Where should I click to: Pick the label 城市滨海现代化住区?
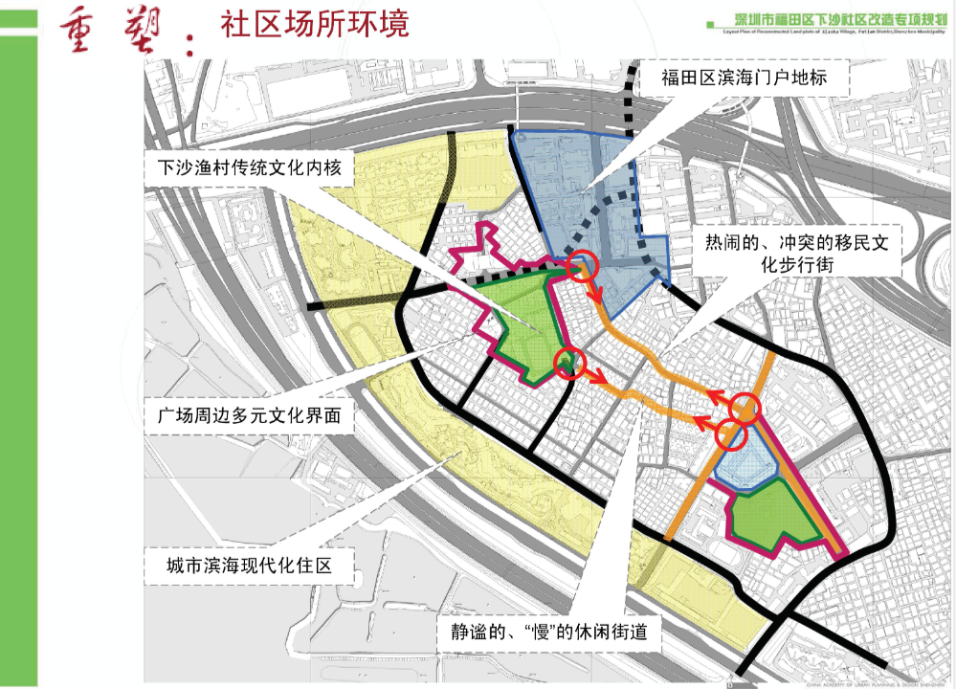tap(247, 565)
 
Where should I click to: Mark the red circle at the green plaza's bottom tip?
tap(568, 364)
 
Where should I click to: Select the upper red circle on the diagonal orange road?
tap(745, 409)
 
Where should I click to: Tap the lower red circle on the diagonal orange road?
tap(731, 433)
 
